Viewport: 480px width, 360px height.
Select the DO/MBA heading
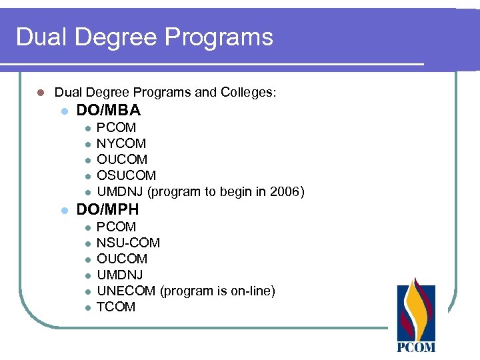[109, 111]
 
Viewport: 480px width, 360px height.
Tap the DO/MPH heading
[108, 210]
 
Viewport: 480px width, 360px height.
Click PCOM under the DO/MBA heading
[117, 127]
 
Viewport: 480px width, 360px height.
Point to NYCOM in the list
[121, 143]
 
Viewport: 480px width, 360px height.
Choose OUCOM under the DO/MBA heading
[122, 159]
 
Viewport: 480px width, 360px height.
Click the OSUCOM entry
[127, 175]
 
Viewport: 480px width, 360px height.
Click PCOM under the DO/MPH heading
[117, 227]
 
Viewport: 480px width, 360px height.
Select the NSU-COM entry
[129, 243]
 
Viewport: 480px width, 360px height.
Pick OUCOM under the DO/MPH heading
[122, 259]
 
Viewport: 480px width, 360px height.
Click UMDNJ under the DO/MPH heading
[120, 275]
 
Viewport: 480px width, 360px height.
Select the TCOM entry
[116, 307]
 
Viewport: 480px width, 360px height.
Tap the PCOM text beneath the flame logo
[416, 347]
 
